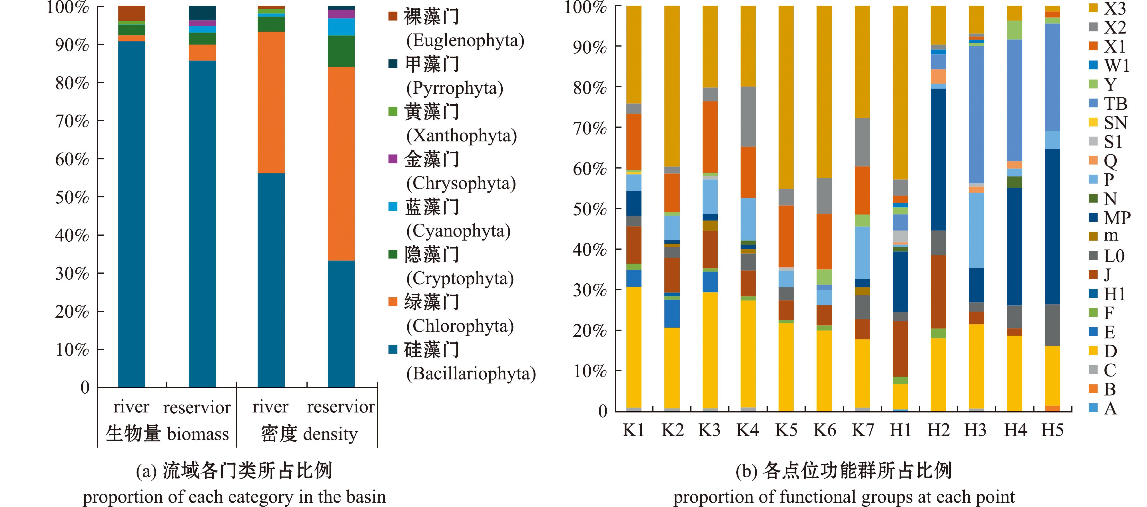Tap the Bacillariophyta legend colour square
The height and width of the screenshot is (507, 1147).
[x=392, y=349]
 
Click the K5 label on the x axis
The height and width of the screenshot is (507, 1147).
[x=786, y=430]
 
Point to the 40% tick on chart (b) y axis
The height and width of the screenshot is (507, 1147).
[x=589, y=250]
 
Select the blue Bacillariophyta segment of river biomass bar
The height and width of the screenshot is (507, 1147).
[x=131, y=214]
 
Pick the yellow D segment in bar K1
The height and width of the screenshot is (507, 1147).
[x=633, y=347]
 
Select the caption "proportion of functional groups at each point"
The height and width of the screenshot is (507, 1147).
[x=844, y=497]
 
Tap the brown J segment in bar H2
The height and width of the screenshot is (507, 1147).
[x=938, y=292]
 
